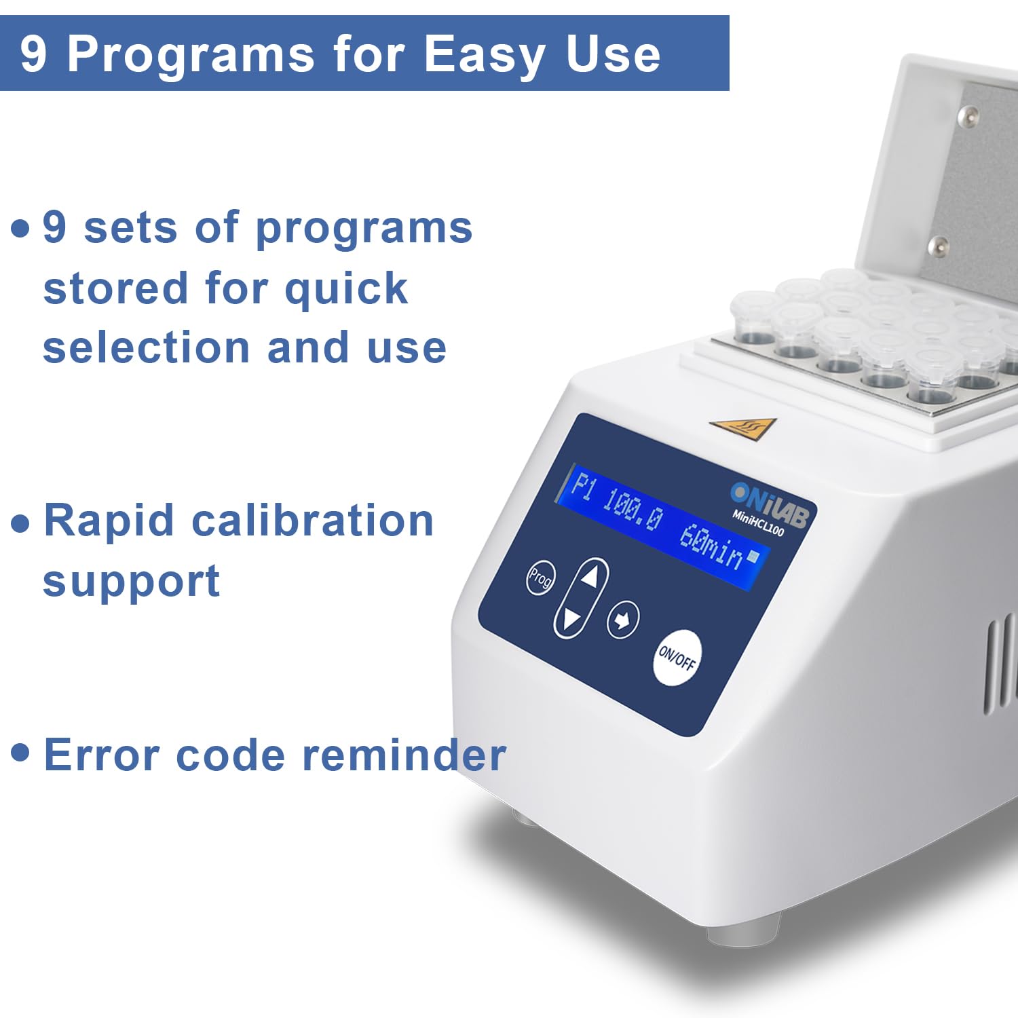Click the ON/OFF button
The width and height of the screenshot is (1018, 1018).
click(x=677, y=658)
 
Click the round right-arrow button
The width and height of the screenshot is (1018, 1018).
click(x=622, y=620)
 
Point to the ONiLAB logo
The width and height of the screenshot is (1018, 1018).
click(x=770, y=503)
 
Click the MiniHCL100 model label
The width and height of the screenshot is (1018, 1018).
click(x=758, y=523)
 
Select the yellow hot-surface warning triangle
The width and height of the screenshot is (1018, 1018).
click(x=743, y=428)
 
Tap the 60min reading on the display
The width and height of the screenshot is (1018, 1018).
click(x=711, y=547)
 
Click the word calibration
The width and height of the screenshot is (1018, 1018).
click(x=313, y=521)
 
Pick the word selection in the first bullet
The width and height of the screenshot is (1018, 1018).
click(x=147, y=347)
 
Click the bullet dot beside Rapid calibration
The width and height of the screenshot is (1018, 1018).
click(x=21, y=523)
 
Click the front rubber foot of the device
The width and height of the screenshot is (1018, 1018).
click(x=744, y=930)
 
